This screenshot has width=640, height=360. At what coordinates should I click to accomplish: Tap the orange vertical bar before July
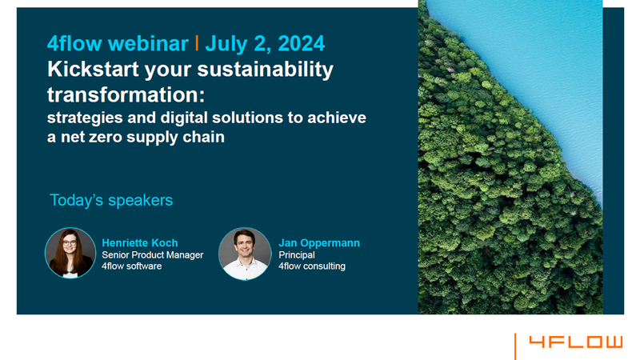[x=197, y=43]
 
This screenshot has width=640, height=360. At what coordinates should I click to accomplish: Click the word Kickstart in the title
[x=93, y=69]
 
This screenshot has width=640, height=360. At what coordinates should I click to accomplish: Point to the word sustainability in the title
[x=266, y=70]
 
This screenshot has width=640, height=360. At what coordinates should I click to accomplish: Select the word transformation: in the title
[x=126, y=94]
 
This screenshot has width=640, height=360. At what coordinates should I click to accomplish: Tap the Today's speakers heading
[x=111, y=201]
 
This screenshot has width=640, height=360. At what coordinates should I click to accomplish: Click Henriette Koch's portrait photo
[x=70, y=253]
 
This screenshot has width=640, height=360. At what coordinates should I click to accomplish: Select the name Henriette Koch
[x=139, y=243]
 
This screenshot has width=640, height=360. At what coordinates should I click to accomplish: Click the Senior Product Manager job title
[x=152, y=254]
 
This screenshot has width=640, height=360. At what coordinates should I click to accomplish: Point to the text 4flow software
[x=131, y=266]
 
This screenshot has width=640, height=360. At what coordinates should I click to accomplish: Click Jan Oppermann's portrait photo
[x=245, y=254]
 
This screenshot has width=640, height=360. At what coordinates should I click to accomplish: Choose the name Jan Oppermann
[x=319, y=243]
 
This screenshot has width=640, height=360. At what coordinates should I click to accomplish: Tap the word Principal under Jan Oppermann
[x=297, y=254]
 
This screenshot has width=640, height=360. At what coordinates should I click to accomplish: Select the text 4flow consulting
[x=312, y=266]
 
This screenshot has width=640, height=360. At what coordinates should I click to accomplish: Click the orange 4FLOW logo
[x=576, y=342]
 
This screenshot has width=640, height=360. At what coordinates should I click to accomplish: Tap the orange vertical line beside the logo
[x=515, y=346]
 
